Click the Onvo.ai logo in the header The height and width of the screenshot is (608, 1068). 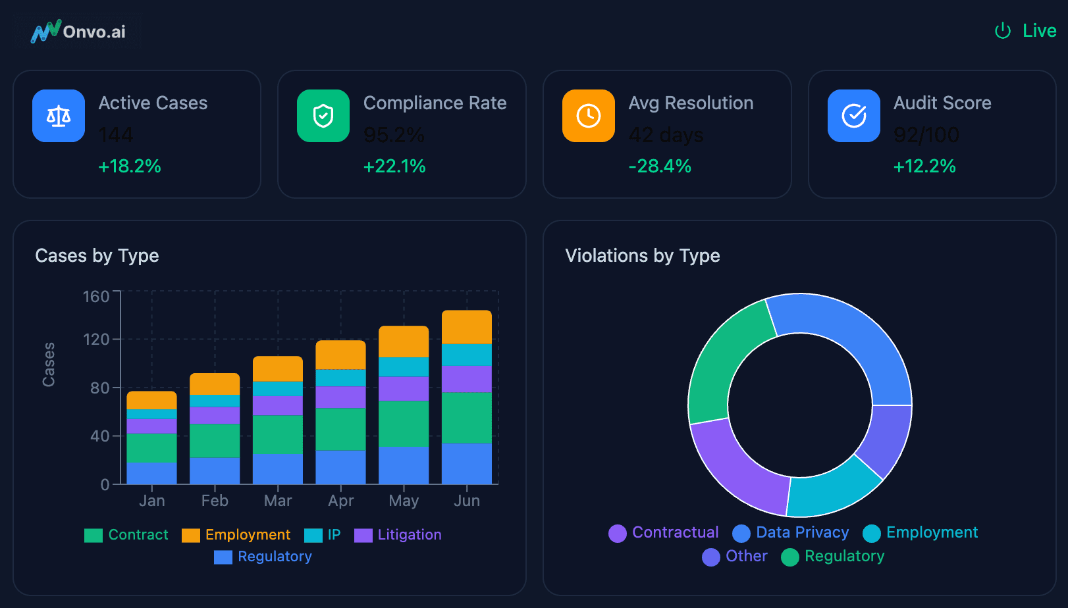[78, 32]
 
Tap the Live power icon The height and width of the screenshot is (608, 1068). [1002, 31]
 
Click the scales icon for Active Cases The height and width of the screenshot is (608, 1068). [59, 116]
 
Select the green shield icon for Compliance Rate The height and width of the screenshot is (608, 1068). [323, 116]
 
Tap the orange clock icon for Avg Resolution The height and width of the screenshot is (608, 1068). [589, 116]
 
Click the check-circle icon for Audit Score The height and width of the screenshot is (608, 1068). [854, 116]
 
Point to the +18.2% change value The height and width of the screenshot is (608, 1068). [130, 166]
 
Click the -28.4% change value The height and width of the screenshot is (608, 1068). [660, 166]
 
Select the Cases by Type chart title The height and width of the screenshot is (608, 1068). [97, 255]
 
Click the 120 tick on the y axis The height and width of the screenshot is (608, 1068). [96, 340]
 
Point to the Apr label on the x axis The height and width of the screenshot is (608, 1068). [341, 501]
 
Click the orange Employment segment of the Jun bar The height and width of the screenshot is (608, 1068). [467, 327]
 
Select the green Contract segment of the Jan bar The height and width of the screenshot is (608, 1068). [151, 448]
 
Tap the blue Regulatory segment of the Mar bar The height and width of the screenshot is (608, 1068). [278, 469]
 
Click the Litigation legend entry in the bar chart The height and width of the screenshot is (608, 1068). [398, 535]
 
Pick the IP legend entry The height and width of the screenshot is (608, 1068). [323, 535]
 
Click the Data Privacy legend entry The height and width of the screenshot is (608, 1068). [791, 532]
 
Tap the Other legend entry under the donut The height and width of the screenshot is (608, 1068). [735, 557]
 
